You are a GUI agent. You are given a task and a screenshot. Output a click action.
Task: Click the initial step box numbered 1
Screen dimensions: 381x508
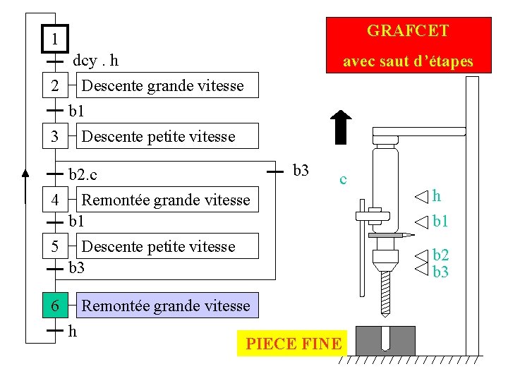54,38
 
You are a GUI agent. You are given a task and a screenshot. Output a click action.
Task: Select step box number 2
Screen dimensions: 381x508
55,86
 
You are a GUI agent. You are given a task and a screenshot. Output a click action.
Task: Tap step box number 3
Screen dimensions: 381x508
55,136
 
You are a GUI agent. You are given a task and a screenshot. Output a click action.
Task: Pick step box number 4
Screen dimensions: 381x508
55,200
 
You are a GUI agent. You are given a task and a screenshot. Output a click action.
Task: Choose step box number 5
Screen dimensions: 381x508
55,246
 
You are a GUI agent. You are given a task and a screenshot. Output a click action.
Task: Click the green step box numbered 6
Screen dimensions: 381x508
55,306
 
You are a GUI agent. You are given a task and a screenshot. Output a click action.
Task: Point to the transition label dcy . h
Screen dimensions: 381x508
95,61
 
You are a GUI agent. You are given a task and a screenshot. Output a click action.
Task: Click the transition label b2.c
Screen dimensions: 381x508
83,173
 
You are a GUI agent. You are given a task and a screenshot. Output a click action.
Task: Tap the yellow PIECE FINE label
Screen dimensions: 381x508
293,344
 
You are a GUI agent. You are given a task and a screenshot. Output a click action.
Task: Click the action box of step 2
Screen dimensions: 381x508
163,86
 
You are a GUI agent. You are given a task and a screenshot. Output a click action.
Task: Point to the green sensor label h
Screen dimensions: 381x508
437,195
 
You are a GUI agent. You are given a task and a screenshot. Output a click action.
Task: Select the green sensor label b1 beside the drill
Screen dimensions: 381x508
441,222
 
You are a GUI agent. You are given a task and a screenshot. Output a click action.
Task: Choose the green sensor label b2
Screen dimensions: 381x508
441,255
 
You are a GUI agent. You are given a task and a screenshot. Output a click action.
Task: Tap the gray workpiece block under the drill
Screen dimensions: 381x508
385,340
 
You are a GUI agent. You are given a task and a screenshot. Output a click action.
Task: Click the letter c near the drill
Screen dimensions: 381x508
343,179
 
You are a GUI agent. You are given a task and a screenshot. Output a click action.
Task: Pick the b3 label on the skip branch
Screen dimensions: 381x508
301,169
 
